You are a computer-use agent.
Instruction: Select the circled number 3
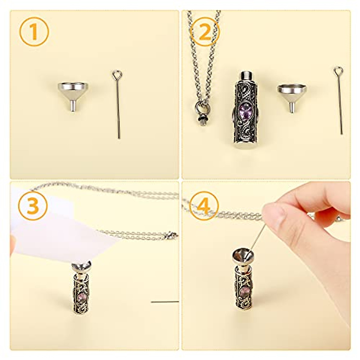click(33, 206)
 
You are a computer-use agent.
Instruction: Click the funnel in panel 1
click(73, 91)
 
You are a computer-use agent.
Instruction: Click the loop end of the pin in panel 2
click(338, 71)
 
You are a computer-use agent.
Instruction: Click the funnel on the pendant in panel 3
click(81, 266)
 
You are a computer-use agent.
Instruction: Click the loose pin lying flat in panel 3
click(165, 301)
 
